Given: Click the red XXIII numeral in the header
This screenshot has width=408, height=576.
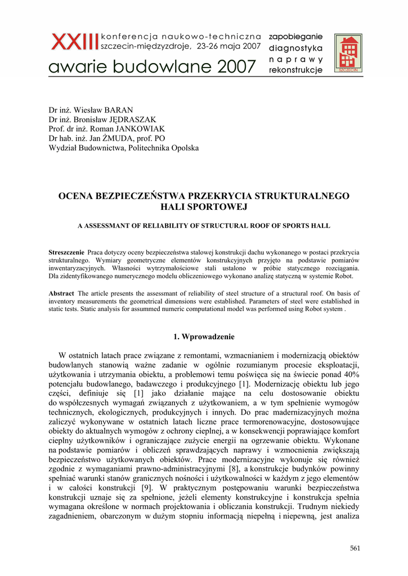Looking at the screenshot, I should pyautogui.click(x=74, y=41).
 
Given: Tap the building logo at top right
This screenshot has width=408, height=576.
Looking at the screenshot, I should pyautogui.click(x=348, y=53).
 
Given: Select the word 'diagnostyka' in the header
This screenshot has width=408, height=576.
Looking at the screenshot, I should pyautogui.click(x=295, y=48).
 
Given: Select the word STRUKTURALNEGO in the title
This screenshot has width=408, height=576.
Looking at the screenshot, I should pyautogui.click(x=302, y=196).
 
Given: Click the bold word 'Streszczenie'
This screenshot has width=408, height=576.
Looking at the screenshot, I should pyautogui.click(x=66, y=253).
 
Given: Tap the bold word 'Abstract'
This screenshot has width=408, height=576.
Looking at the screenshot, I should pyautogui.click(x=61, y=293).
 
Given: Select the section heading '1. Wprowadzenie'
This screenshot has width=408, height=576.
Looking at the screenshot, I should pyautogui.click(x=204, y=336).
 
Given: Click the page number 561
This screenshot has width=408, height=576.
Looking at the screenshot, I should pyautogui.click(x=355, y=548).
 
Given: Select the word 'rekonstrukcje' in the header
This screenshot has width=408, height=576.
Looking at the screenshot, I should pyautogui.click(x=295, y=70).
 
